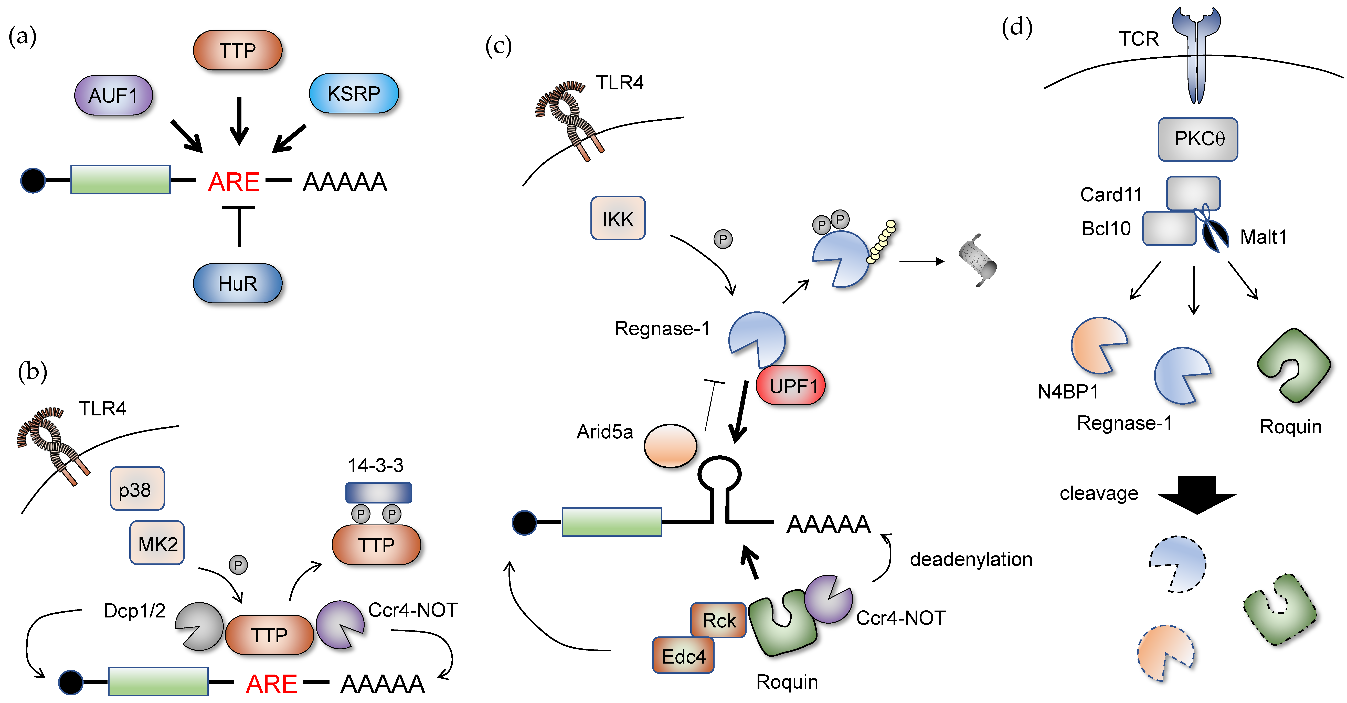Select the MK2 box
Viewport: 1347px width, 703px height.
click(157, 543)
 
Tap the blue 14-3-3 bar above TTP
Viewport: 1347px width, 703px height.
click(379, 492)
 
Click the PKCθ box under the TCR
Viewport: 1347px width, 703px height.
click(1197, 139)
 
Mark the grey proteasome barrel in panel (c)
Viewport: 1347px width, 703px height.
click(978, 260)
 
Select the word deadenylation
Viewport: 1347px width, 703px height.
click(971, 559)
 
